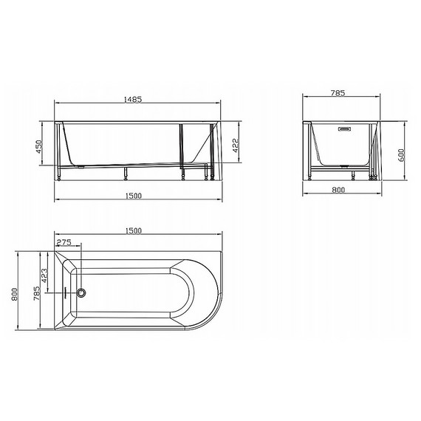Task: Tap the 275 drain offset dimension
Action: pyautogui.click(x=64, y=242)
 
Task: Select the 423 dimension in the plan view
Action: pyautogui.click(x=46, y=276)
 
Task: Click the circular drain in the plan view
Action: pyautogui.click(x=81, y=292)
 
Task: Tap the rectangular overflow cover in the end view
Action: pyautogui.click(x=342, y=132)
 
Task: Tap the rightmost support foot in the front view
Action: pyautogui.click(x=215, y=177)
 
